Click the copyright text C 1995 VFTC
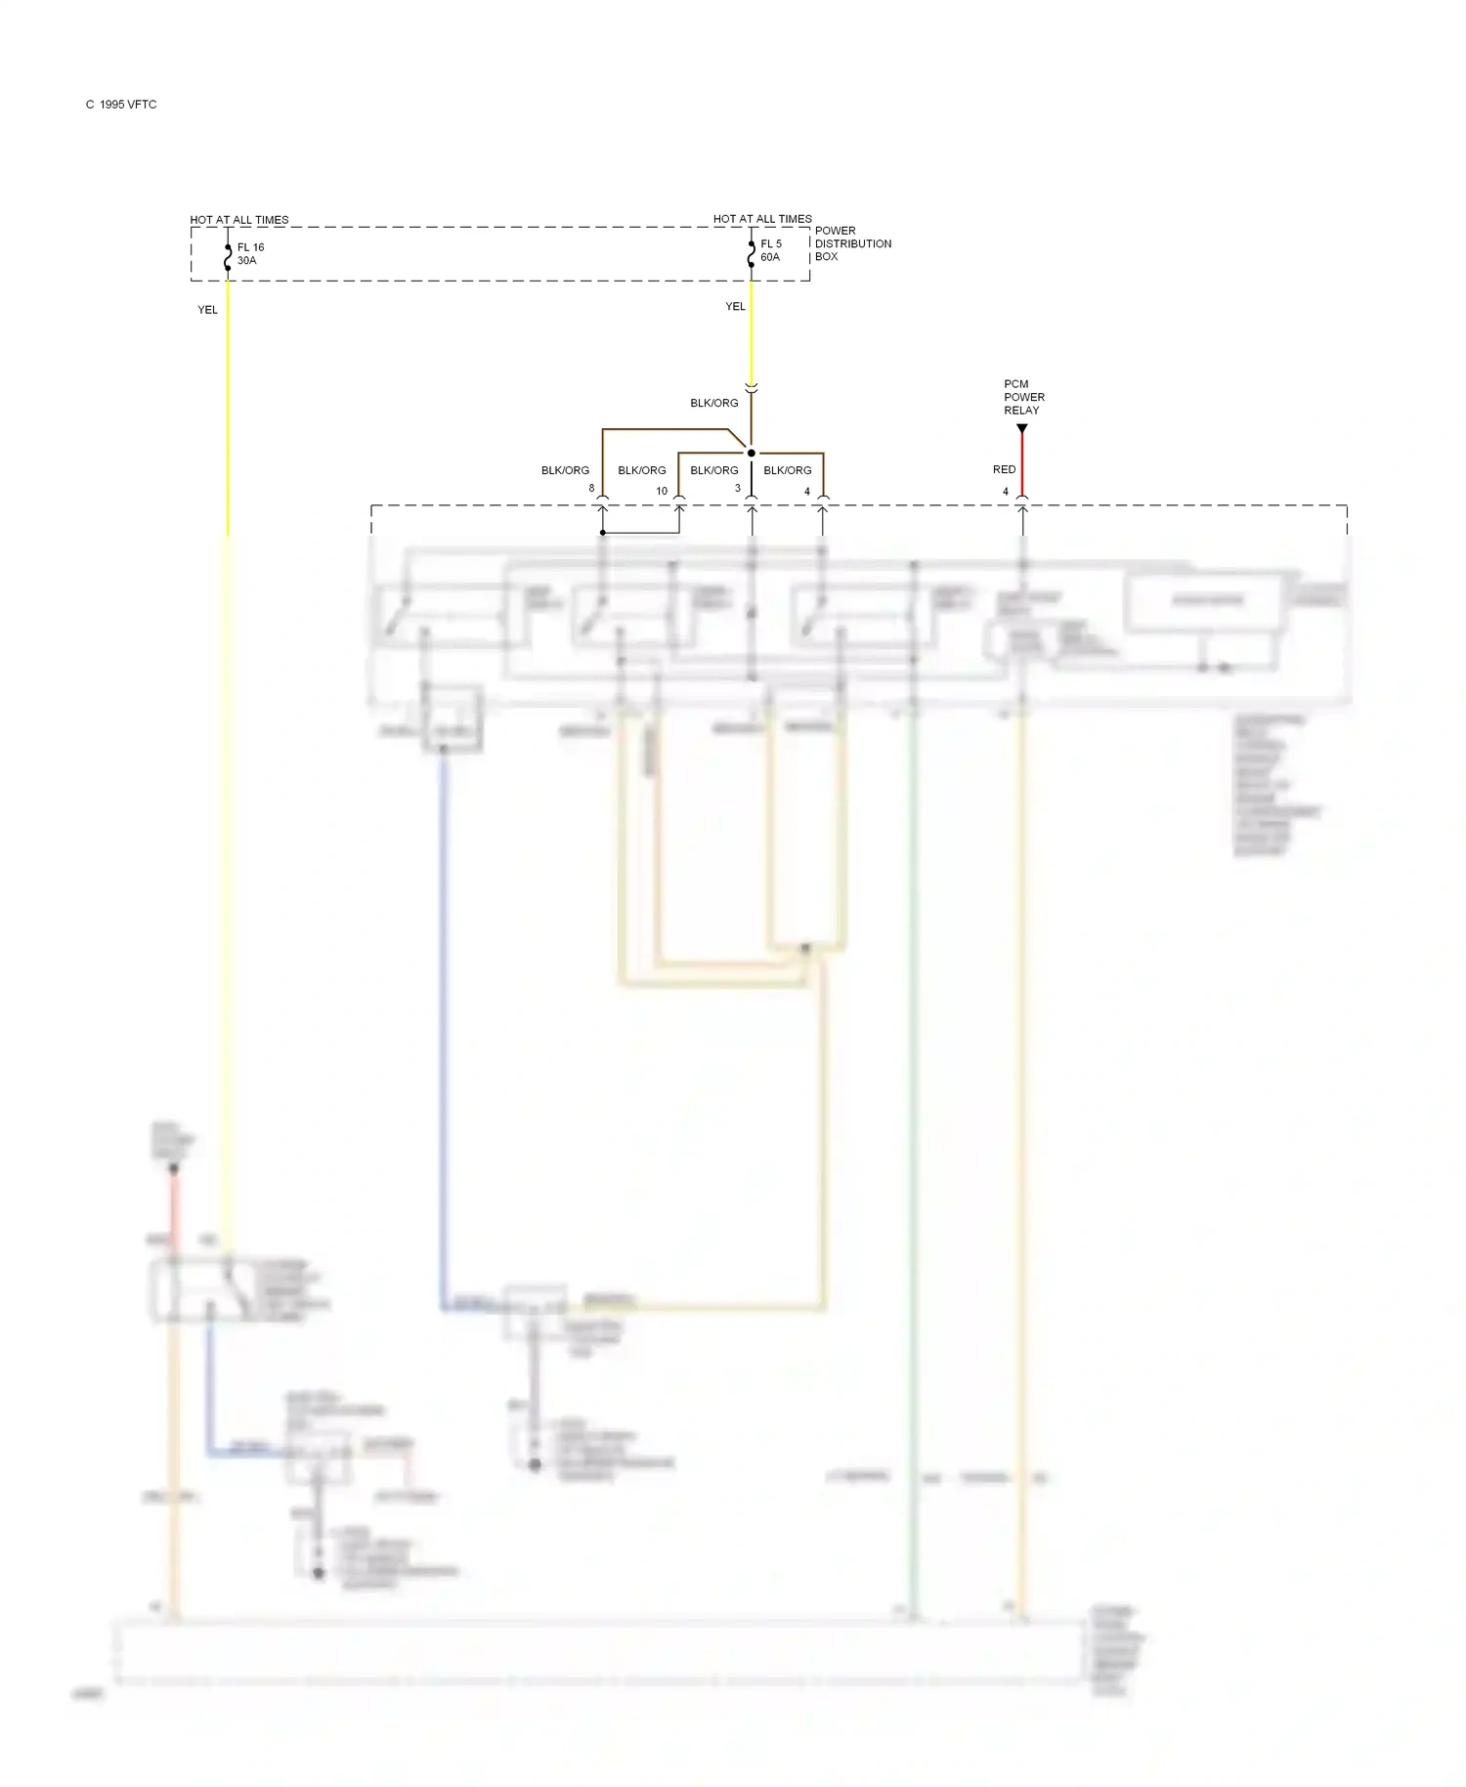coord(121,105)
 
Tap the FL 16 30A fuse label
coord(250,254)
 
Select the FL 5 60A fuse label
coord(771,250)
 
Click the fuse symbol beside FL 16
coord(228,256)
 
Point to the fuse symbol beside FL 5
coord(751,252)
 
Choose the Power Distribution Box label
coord(852,243)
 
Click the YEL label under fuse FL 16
coord(207,310)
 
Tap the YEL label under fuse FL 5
coord(735,307)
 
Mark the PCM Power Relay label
coord(1023,397)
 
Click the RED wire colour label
coord(1004,470)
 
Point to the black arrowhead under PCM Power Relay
coord(1022,429)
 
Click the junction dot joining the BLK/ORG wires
coord(751,453)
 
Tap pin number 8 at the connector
coord(591,488)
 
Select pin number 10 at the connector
coord(662,491)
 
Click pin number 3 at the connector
coord(738,488)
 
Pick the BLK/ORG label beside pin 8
coord(565,470)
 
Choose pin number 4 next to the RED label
coord(1005,492)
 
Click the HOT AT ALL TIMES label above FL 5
coord(762,219)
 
